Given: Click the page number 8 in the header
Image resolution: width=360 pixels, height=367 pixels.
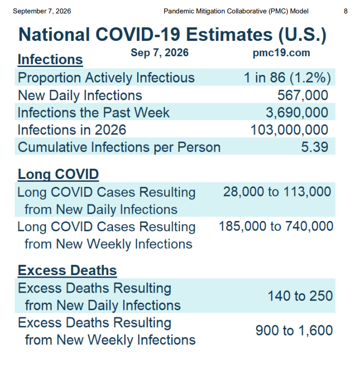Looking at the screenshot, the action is pos(346,11).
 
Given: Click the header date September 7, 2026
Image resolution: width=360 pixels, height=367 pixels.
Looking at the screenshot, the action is pos(42,11).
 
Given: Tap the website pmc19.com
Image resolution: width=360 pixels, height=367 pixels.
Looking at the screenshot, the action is pos(282,53).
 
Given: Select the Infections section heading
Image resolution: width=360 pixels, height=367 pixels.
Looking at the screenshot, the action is pos(51,59).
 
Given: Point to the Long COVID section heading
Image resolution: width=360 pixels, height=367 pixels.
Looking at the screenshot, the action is pos(58,174).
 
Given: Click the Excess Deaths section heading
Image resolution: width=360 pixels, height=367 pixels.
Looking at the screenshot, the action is pos(68,270).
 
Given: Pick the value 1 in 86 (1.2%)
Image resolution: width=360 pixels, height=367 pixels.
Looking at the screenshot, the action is pos(287,77).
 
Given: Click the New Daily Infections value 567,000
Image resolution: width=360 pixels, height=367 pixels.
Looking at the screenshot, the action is pos(303,95).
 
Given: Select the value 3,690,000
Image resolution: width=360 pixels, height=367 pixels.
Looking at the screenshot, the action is pos(297,113).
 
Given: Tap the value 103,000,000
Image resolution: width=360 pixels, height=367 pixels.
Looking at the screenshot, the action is pos(289,130).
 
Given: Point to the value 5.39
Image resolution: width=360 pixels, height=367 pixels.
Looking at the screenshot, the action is pos(315,147).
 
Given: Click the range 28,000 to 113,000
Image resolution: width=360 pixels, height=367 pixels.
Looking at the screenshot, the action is pos(277,192).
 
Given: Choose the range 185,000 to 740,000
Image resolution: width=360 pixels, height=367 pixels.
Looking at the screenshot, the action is pos(276,226).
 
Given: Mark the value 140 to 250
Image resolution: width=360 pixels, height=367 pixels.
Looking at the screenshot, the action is pos(300,296).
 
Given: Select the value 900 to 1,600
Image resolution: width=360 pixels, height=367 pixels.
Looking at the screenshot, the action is pos(294,330).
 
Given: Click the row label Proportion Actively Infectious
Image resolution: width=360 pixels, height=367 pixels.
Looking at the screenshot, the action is pos(106,78).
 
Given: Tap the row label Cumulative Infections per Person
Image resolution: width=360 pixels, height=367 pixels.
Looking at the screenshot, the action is pos(119,147).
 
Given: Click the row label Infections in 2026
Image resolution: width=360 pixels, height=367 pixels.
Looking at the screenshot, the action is pos(72,130).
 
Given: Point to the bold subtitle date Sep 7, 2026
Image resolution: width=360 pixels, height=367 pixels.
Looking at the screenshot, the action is pos(159,53).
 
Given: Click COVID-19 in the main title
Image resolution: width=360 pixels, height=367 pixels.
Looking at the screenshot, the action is pos(138,35).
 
